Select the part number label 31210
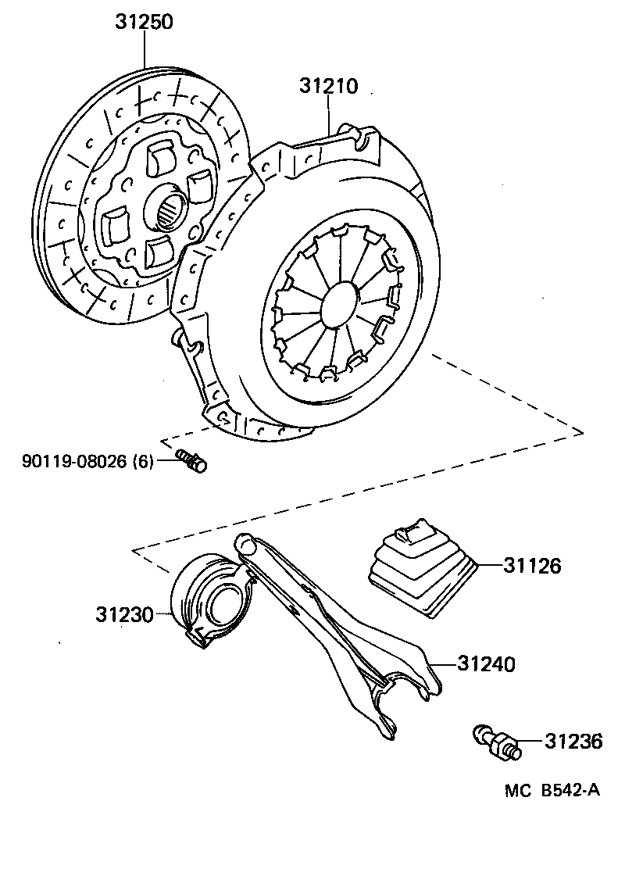pyautogui.click(x=328, y=86)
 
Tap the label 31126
pyautogui.click(x=530, y=565)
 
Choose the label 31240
pyautogui.click(x=486, y=664)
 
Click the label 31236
pyautogui.click(x=573, y=741)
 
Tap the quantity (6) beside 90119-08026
pyautogui.click(x=143, y=461)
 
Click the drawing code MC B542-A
pyautogui.click(x=552, y=790)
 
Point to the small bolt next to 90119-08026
pyautogui.click(x=192, y=461)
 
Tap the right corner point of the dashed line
pyautogui.click(x=583, y=431)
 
